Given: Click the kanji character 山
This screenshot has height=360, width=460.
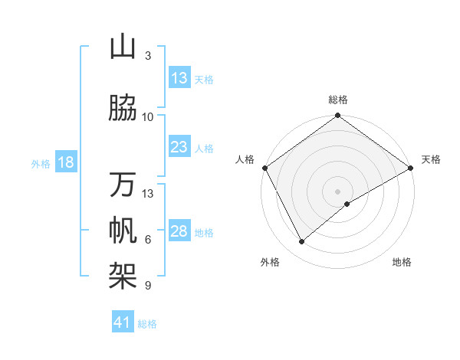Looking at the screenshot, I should coord(123,47).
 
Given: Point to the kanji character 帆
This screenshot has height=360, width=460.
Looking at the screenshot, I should coord(123,231).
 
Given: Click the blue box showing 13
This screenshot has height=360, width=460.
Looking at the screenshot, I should coord(179,78).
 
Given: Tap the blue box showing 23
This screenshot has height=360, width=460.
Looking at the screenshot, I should coord(179,147).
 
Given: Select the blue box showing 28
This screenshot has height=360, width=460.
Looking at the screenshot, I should coord(179,231).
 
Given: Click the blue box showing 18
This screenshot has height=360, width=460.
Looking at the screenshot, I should coord(65,162).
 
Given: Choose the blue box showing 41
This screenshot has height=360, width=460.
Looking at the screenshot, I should coord(123,322).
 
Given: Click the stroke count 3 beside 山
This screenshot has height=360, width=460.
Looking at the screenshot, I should coord(148,56).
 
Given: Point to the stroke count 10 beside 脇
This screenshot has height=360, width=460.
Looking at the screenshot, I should coord(148,117).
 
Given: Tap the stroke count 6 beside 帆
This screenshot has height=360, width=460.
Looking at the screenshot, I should coord(148,240).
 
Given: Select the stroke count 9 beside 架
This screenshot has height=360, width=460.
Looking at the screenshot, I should coord(148,286).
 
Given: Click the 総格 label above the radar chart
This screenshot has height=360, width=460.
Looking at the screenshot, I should coord(338,100).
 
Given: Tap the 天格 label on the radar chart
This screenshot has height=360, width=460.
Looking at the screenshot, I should coord(431,159).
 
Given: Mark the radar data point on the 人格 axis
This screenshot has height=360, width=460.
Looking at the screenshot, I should coord(264,168).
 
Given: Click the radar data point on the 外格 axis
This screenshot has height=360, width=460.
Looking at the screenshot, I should coord(301,242).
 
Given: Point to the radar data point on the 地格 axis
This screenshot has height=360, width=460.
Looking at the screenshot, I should coord(347,204).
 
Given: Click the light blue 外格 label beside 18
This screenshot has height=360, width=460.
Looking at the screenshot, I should coord(41,163).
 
